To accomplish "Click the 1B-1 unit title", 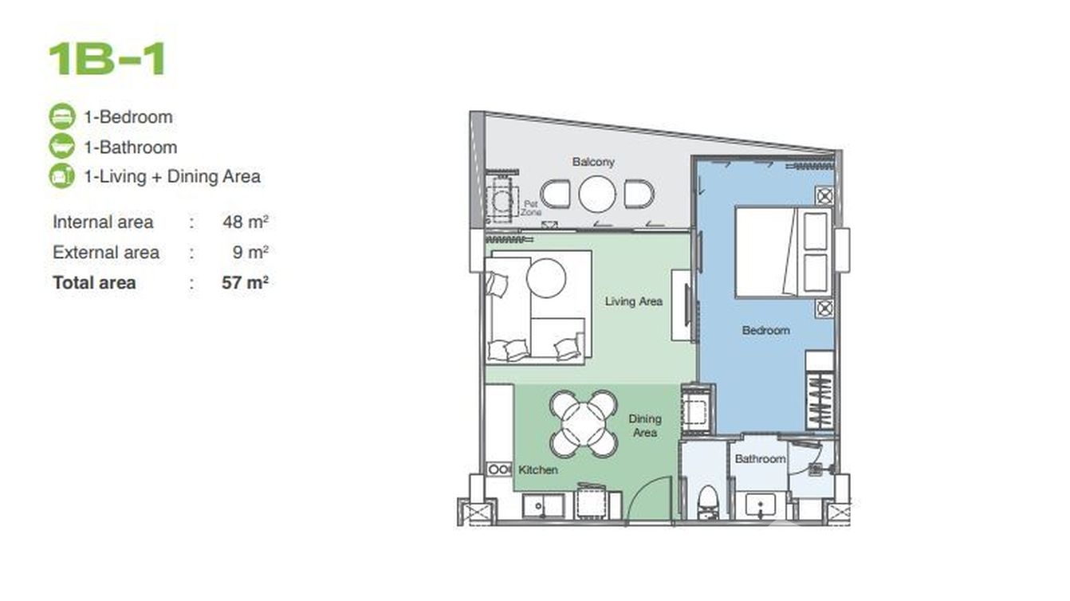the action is point(107,59).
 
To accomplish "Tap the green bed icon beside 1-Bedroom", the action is point(62,116).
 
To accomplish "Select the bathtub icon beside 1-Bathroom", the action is point(62,146).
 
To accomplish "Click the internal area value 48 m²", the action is point(246,222).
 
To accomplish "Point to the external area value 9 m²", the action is point(251,252).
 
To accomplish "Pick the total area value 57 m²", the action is point(245,283).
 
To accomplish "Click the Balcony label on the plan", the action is point(593,162).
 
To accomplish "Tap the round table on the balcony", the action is point(597,194).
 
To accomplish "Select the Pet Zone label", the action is point(531,208).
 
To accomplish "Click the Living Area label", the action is point(633,301).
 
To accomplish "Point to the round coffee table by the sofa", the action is point(546,278).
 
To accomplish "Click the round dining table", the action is point(584,424).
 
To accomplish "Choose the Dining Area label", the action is point(645,426).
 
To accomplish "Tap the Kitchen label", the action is point(538,469).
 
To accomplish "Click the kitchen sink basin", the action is point(542,506).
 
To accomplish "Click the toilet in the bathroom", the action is point(707,503).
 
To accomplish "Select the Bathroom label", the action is point(760,459).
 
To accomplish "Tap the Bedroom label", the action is point(765,330).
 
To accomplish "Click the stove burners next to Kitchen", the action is point(499,469).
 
